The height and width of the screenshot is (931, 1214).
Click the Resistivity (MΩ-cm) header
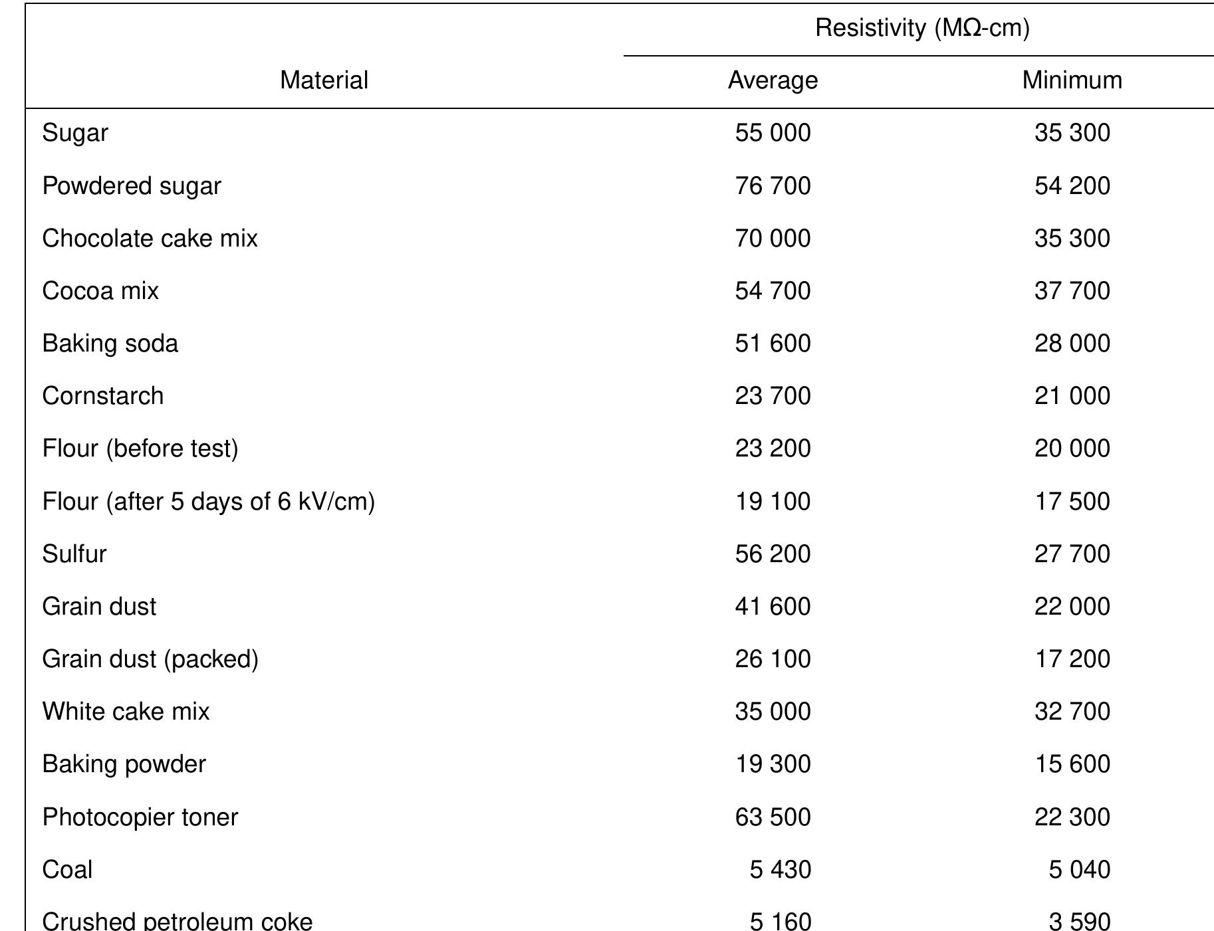point(922,29)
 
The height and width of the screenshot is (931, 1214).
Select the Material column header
point(324,80)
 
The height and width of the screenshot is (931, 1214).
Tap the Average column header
point(773,80)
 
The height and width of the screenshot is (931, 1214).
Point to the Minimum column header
point(1072,80)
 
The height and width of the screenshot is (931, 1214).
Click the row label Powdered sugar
point(132,185)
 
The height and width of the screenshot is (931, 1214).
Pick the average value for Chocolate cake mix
point(773,239)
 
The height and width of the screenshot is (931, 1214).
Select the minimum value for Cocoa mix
point(1072,291)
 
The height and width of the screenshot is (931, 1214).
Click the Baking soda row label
point(110,344)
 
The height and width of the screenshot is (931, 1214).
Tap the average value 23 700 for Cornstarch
point(773,396)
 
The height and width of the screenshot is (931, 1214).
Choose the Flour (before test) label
point(140,449)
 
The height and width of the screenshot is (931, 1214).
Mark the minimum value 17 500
point(1072,501)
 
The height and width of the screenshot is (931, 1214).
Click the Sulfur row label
point(74,554)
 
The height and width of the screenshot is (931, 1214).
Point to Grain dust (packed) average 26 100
point(773,659)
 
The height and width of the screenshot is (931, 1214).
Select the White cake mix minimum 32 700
point(1072,712)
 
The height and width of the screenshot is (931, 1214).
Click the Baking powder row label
point(124,764)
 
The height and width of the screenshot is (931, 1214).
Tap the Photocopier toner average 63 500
point(773,817)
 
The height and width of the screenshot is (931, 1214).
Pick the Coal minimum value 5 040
point(1079,869)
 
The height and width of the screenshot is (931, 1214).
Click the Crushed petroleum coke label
point(178,921)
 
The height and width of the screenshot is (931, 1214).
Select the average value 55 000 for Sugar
point(773,133)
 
